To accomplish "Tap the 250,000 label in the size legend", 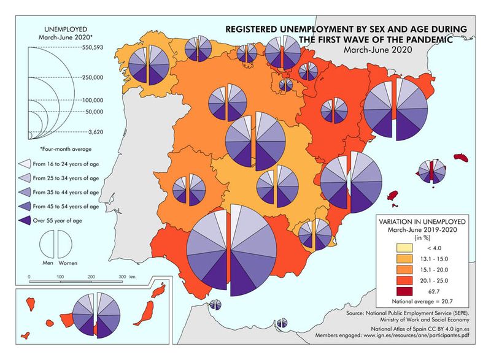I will (x=92, y=77).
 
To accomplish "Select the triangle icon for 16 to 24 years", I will (x=25, y=164).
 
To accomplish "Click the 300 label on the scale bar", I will (x=122, y=277).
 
